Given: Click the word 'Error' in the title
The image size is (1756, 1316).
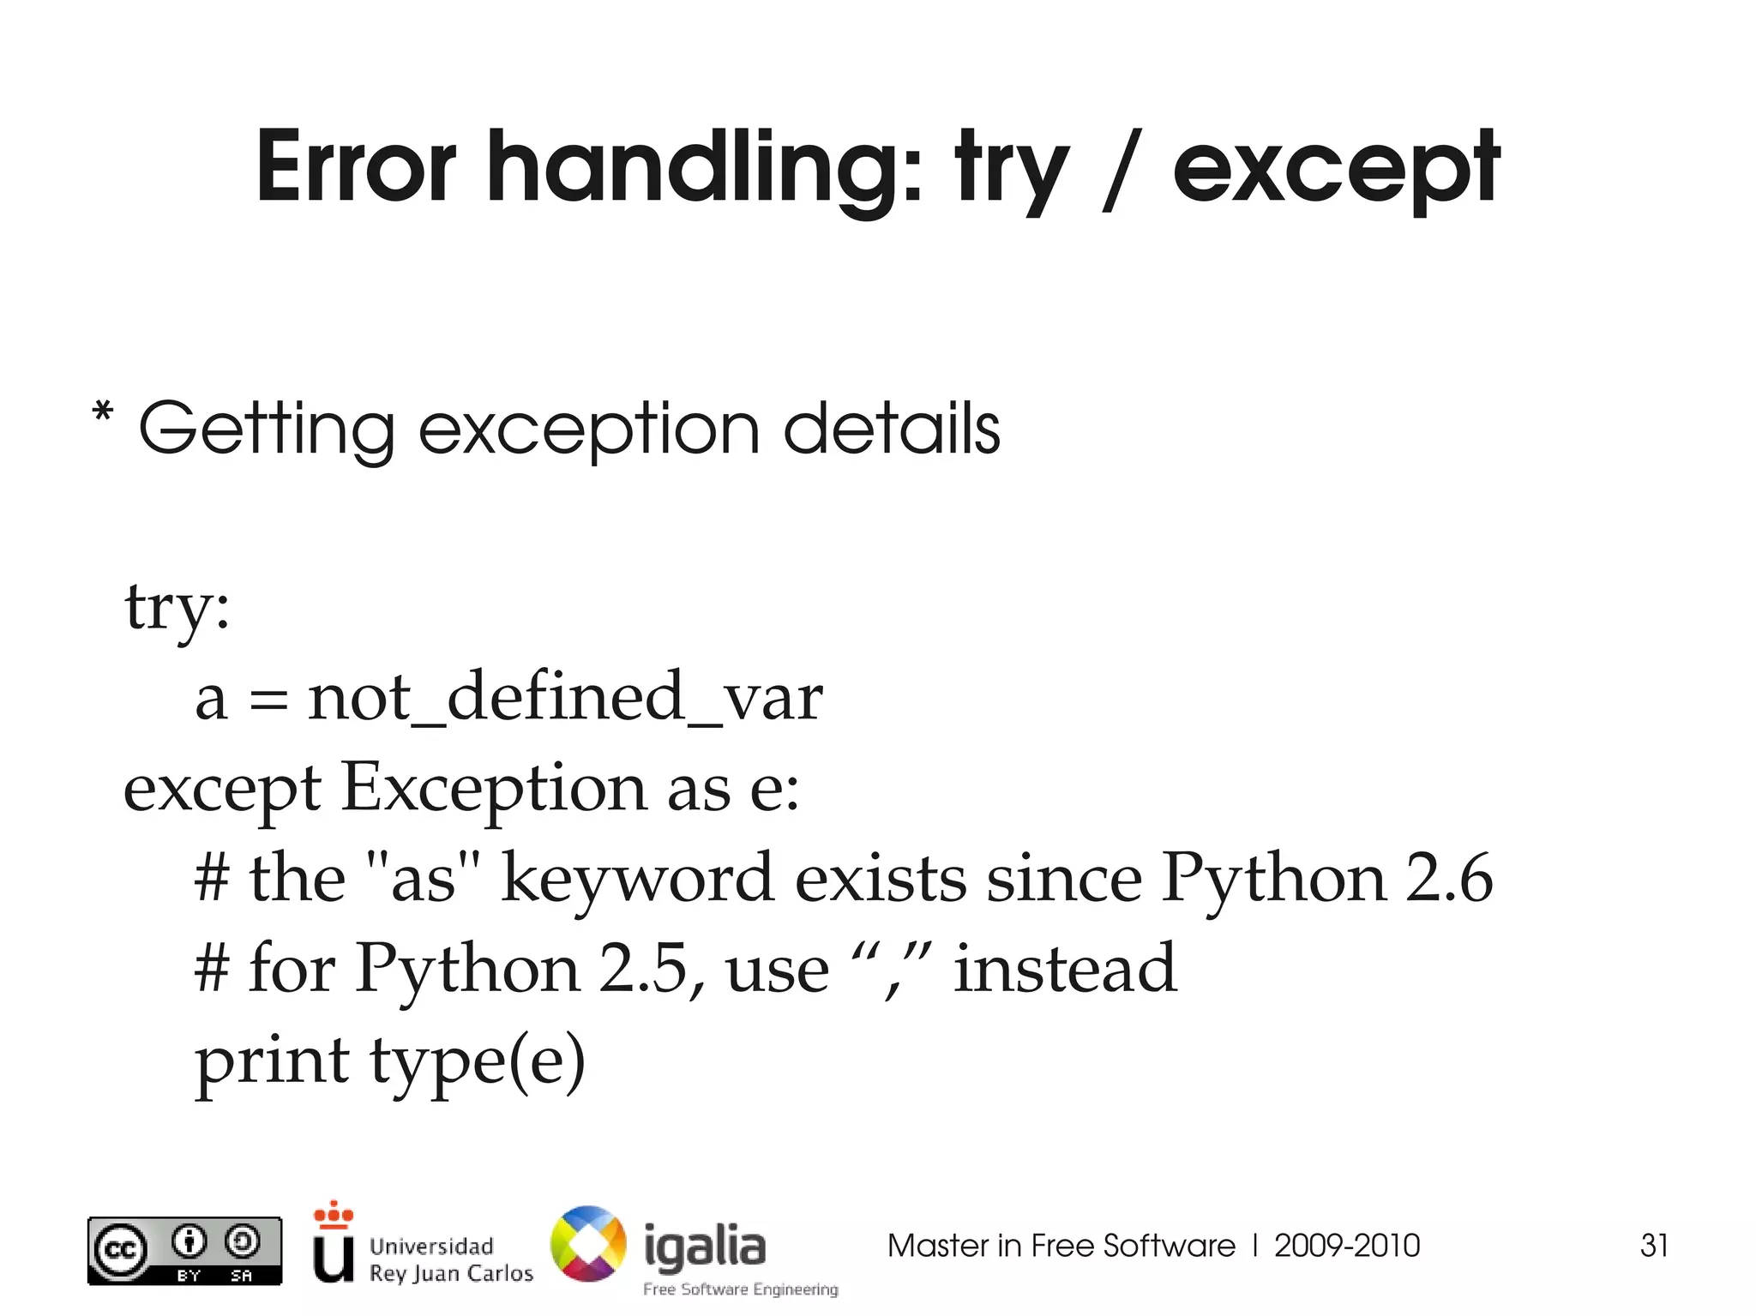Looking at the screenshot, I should (356, 167).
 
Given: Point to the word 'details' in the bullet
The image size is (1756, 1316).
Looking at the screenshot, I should (892, 429).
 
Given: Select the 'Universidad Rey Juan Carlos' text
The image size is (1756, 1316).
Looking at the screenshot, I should (451, 1259).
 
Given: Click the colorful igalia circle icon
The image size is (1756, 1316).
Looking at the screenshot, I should (588, 1244).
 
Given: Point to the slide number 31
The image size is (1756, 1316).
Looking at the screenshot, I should (1654, 1245).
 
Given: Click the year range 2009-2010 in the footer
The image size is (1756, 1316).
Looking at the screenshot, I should (1347, 1246).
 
